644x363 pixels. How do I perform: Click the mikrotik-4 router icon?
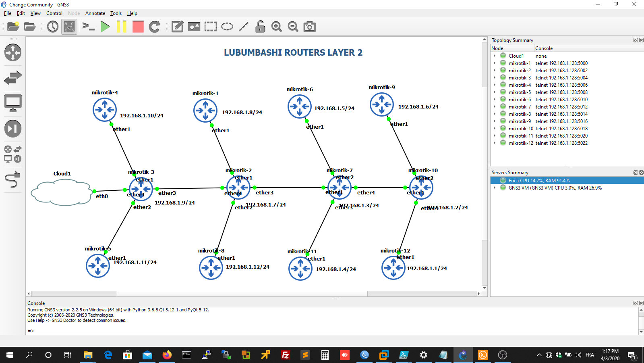[105, 109]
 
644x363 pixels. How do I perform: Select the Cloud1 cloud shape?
[61, 192]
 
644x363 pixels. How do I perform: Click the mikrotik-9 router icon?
[381, 104]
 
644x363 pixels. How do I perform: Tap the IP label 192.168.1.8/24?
[242, 113]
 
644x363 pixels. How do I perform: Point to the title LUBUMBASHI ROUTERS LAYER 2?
[293, 53]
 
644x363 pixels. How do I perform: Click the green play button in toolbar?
[105, 27]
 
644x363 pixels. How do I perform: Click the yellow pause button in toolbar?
[121, 27]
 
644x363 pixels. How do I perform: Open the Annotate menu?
[95, 13]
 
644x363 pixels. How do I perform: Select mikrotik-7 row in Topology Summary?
[520, 107]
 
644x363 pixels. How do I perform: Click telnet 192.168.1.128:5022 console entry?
[561, 143]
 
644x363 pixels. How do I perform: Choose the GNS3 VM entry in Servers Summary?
[555, 188]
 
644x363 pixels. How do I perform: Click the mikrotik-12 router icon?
[393, 267]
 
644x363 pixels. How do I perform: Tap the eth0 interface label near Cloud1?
[101, 196]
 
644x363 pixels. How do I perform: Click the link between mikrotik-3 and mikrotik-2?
[189, 188]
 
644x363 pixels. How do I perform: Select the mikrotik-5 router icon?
[98, 266]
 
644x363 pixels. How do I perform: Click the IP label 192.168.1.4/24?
[335, 269]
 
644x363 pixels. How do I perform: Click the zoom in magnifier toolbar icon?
[276, 27]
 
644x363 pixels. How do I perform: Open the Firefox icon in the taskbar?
[167, 355]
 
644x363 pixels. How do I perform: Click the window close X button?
[634, 4]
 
